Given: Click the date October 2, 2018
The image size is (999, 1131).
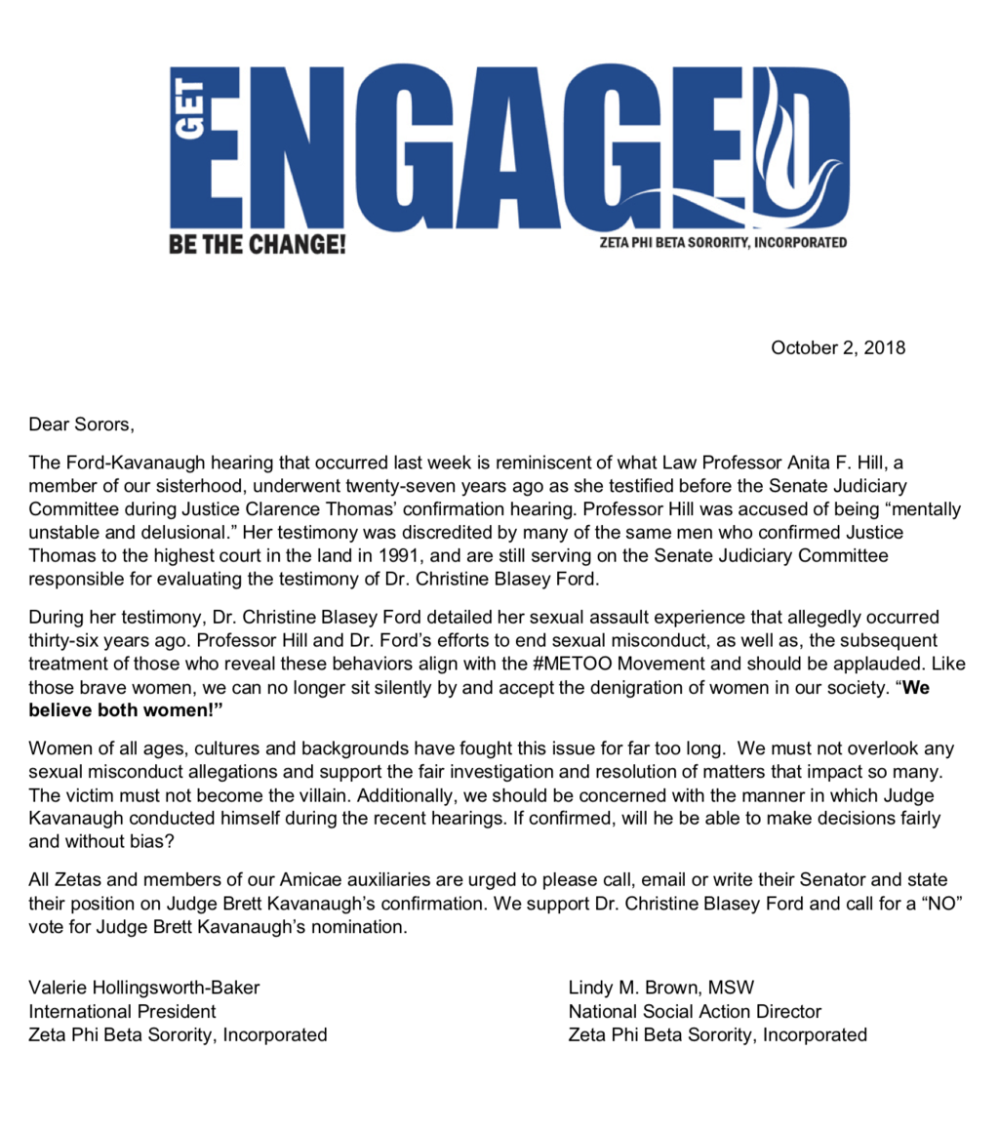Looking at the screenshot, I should point(838,347).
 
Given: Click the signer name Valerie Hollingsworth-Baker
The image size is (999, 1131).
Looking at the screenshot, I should point(145,987).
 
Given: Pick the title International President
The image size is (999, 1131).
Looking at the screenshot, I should point(123,1011).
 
